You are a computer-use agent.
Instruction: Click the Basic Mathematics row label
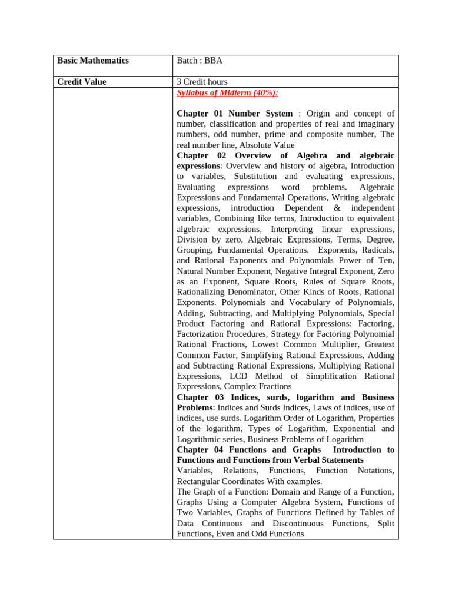click(x=92, y=61)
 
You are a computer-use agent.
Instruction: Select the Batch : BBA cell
click(x=200, y=61)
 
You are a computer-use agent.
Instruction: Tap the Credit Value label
click(x=82, y=82)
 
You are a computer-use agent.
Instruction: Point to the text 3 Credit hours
click(x=202, y=82)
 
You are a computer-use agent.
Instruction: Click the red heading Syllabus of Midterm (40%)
click(x=227, y=92)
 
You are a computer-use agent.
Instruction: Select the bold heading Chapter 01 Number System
click(x=234, y=113)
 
